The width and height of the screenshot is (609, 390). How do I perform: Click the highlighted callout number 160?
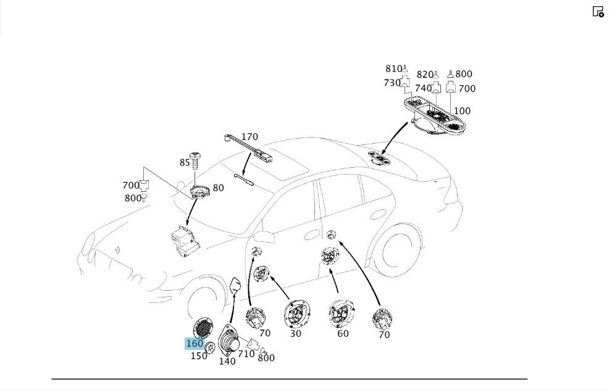[x=195, y=344]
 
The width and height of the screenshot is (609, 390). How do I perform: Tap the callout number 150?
[x=199, y=356]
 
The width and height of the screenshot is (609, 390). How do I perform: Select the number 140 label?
[x=227, y=361]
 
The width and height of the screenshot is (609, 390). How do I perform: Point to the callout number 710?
[x=246, y=354]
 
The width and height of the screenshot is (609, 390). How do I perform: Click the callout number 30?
[x=296, y=333]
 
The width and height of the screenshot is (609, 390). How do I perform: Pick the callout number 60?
[x=343, y=333]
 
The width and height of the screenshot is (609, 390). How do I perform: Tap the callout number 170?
[x=250, y=137]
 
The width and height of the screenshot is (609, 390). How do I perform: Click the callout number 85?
[x=185, y=162]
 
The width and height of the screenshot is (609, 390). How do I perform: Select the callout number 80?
[x=218, y=188]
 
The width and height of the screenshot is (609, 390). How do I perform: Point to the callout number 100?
[x=462, y=111]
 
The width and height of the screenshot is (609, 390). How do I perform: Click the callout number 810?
[x=393, y=68]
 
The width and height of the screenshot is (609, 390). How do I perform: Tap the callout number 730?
[x=392, y=83]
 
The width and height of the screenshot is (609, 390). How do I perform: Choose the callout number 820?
[x=425, y=75]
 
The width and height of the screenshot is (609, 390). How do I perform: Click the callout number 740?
[x=423, y=88]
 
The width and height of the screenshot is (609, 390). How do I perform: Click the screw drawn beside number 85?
[x=195, y=160]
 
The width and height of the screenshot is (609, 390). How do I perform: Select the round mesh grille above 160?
[x=203, y=328]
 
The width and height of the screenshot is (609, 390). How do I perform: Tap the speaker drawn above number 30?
[x=296, y=313]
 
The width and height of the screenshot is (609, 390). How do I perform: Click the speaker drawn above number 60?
[x=341, y=313]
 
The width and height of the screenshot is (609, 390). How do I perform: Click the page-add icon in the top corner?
[x=598, y=12]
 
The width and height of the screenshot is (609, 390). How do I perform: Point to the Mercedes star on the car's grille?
[x=118, y=249]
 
